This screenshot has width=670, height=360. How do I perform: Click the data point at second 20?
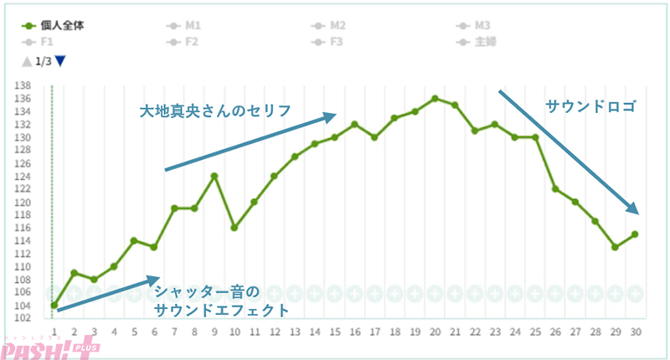click(x=435, y=98)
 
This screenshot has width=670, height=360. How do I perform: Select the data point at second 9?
click(x=214, y=176)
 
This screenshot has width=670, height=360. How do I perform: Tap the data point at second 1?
click(x=54, y=306)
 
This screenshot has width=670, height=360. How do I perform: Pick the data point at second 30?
click(x=635, y=234)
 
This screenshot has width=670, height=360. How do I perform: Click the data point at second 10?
click(x=234, y=228)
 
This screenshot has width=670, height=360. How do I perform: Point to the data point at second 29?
click(x=615, y=247)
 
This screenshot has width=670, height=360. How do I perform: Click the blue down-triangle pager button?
click(x=59, y=61)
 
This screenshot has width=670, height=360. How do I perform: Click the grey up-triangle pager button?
click(x=27, y=61)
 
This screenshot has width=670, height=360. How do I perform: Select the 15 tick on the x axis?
click(x=334, y=332)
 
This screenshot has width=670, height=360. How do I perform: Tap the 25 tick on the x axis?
click(x=535, y=332)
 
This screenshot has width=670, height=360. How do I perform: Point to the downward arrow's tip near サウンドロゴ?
click(x=638, y=213)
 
